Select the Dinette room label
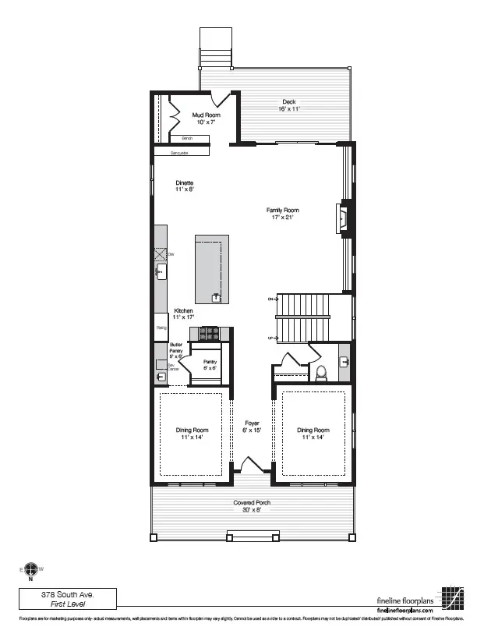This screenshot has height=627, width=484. click(184, 186)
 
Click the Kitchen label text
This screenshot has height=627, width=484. click(183, 313)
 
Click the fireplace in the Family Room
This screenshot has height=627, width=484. click(344, 218)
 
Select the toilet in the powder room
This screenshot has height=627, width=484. click(320, 370)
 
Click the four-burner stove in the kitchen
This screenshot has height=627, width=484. click(210, 334)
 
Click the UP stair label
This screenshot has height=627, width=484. click(271, 338)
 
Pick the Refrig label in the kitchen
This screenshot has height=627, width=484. click(161, 328)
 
